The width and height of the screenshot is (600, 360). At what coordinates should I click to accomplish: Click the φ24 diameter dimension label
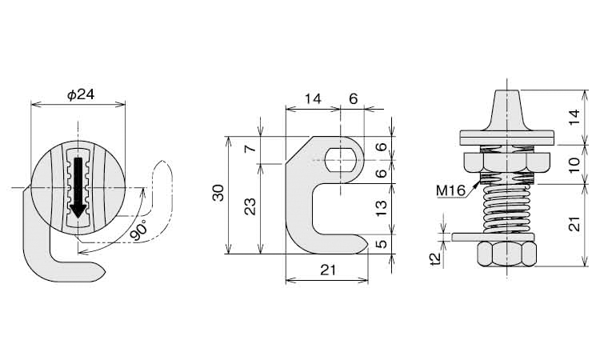[80, 94]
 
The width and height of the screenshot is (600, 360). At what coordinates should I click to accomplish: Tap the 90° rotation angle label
[138, 230]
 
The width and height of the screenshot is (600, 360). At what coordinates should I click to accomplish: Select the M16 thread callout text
[450, 190]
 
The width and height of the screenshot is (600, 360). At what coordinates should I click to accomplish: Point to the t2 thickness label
[436, 259]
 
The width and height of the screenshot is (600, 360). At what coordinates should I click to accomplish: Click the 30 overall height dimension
[218, 193]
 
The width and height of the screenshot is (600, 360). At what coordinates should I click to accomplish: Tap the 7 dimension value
[250, 148]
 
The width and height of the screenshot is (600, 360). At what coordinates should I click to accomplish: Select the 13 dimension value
[381, 208]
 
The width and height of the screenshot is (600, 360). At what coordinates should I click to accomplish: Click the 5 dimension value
[381, 244]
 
